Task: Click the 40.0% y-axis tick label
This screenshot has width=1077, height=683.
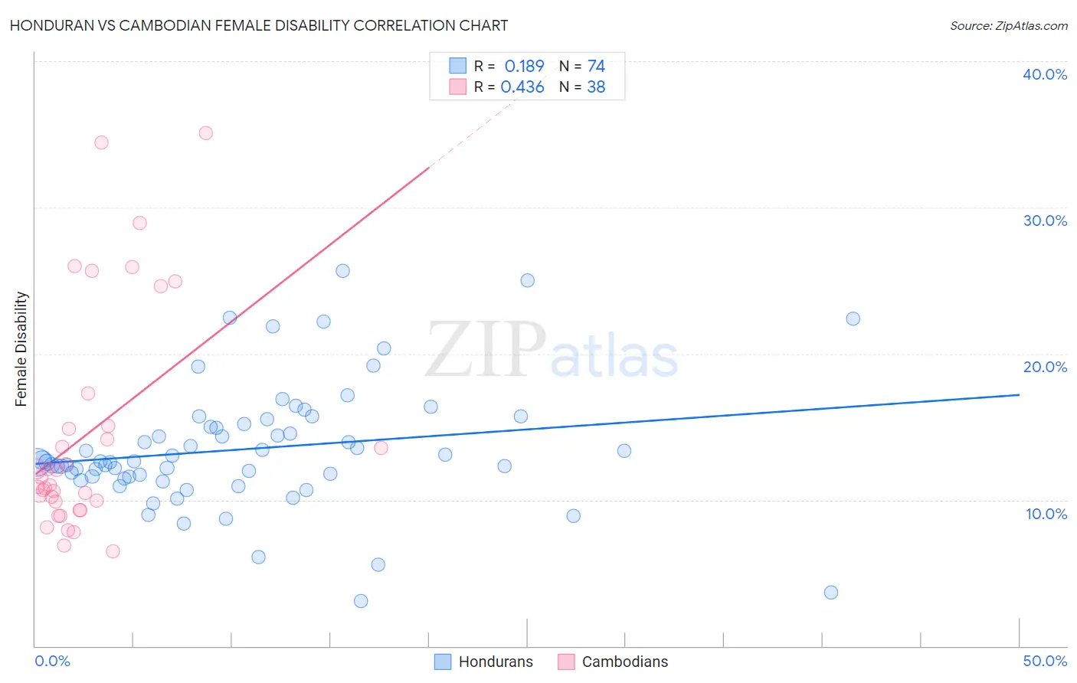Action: coord(1045,74)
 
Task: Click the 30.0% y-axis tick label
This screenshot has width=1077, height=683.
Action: coord(1045,221)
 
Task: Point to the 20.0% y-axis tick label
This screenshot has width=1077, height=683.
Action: coord(1045,367)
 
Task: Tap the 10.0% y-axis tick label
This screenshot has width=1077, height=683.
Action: coord(1046,514)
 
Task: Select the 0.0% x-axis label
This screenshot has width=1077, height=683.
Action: coord(52,661)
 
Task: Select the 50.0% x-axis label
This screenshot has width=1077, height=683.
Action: coord(1045,661)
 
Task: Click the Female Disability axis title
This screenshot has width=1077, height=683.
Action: coord(21,349)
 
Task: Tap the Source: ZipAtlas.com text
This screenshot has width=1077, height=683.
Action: coord(1008,25)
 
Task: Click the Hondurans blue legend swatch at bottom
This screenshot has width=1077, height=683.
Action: coord(443,662)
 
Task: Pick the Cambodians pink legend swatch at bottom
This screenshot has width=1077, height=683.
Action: coord(566,662)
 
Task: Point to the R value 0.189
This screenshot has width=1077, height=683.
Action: coord(524,66)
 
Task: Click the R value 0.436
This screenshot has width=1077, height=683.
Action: coord(522,87)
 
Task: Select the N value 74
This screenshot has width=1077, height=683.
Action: coord(596,66)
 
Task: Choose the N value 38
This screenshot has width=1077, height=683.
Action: coord(596,87)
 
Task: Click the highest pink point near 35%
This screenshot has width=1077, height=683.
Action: coord(205,133)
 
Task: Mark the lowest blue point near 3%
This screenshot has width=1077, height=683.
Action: coord(361,601)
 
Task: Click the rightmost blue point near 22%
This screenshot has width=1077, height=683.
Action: coord(853,319)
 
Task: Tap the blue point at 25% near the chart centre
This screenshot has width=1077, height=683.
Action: coord(527,280)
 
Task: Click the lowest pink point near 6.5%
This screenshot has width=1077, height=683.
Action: coord(113,551)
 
